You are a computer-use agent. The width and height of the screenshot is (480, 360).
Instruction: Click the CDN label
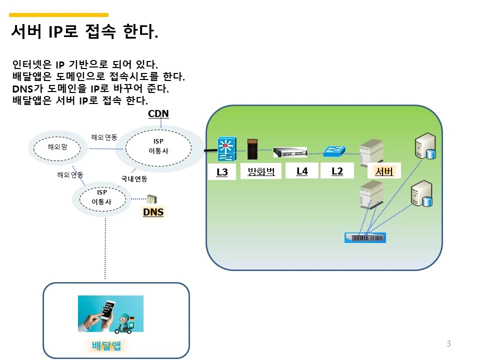pos(158,114)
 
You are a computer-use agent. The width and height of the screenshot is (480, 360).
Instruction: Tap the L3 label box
pos(222,172)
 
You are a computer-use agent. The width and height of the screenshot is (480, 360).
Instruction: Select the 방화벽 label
pos(261,171)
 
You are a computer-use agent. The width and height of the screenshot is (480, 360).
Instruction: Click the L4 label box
pos(302,171)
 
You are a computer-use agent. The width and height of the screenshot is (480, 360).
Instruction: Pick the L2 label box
pos(337,171)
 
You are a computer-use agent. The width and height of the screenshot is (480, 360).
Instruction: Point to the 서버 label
pos(384,171)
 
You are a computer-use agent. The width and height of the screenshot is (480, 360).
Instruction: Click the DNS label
pos(153,212)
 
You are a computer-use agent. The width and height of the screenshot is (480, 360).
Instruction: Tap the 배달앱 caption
pos(106,346)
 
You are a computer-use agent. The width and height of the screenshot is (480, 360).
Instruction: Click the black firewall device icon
pos(252,149)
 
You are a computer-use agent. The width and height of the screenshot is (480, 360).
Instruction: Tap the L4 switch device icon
pos(290,152)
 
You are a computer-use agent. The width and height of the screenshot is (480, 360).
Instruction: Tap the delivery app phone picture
pos(110,313)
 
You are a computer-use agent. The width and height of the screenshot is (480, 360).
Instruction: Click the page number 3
pos(448,343)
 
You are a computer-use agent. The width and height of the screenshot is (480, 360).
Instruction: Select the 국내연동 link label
pos(134,178)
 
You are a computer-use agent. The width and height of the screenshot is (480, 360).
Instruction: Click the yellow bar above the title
pos(59,15)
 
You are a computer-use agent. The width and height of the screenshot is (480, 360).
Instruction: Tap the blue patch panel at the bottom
pos(365,237)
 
